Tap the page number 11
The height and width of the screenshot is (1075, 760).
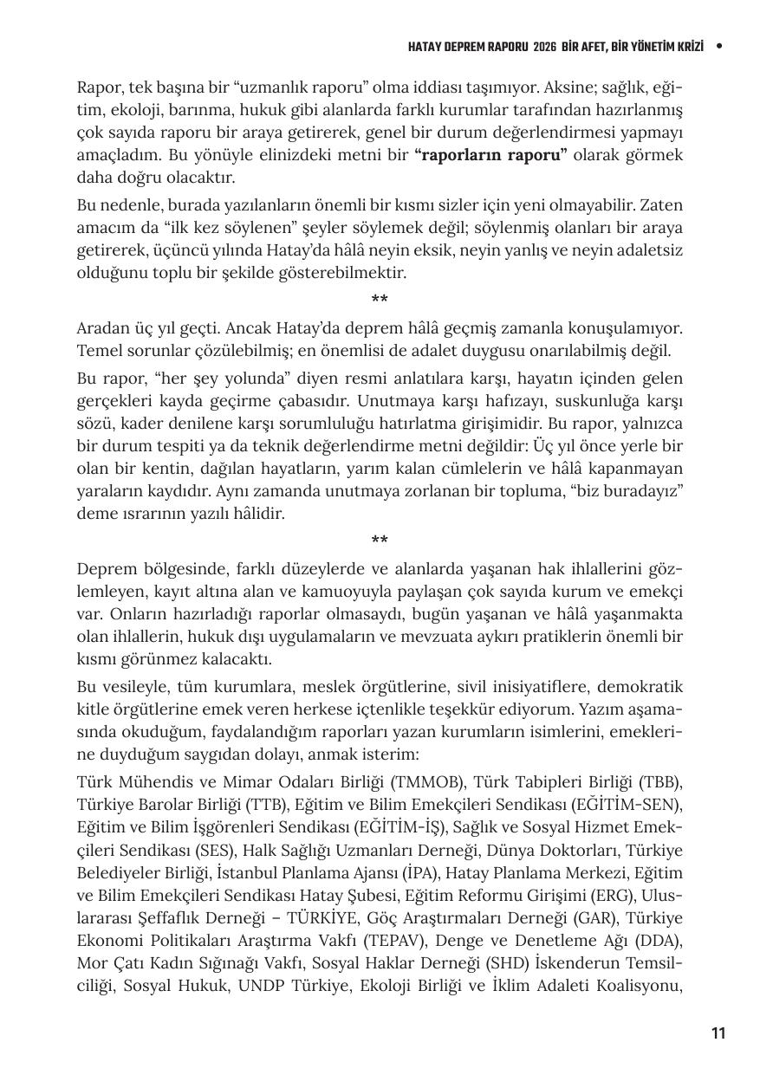pos(718,1033)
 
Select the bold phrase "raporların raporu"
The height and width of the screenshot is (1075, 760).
pos(490,155)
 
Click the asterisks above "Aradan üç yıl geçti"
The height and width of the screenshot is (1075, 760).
pos(380,301)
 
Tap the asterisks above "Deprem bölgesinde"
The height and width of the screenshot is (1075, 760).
pos(380,541)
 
